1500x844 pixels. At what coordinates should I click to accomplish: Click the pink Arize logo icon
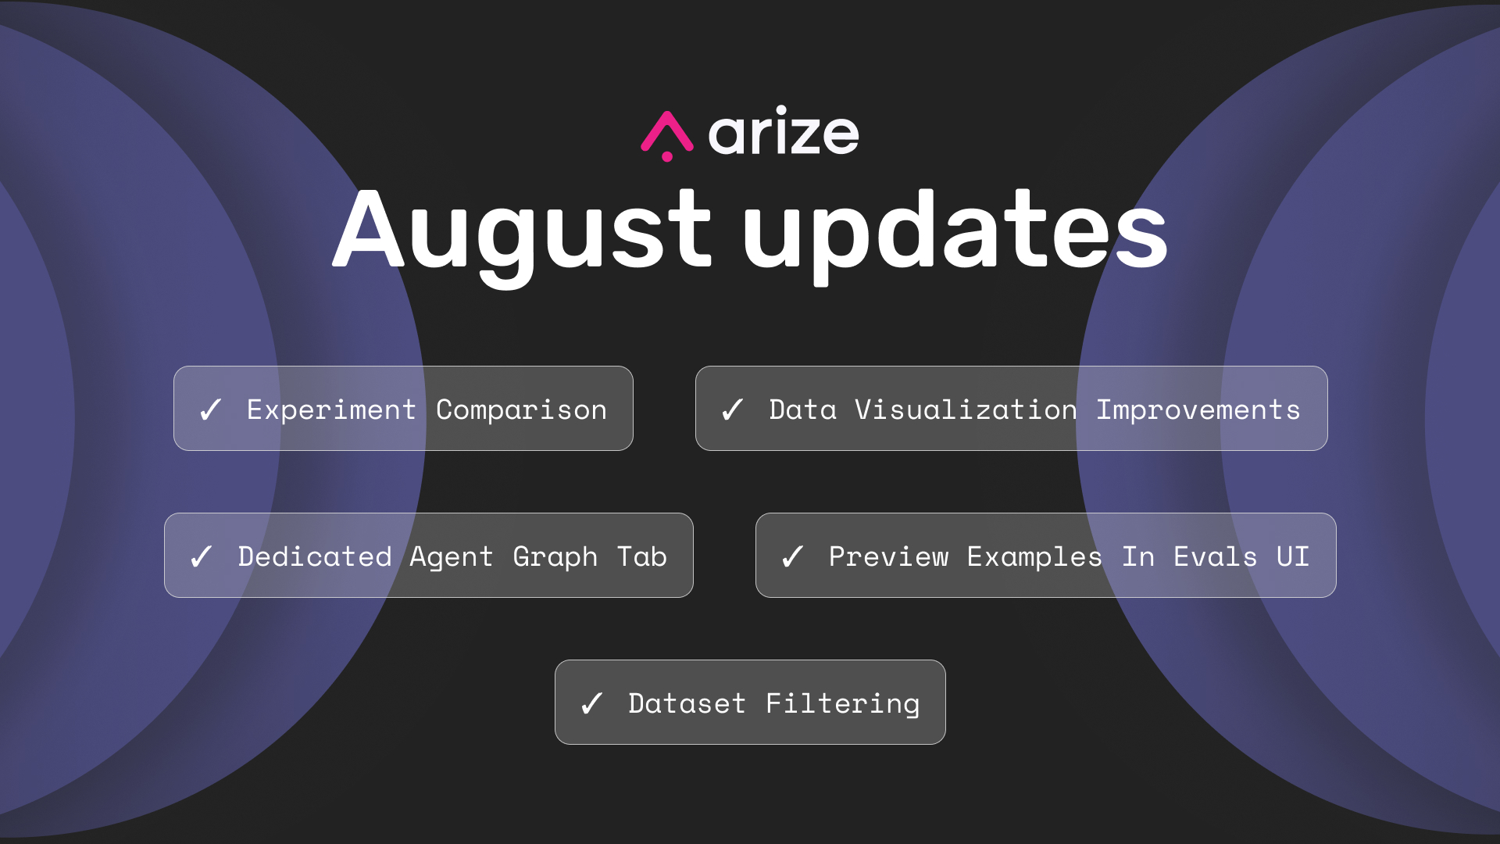point(667,135)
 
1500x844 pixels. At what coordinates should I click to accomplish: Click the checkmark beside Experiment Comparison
point(210,409)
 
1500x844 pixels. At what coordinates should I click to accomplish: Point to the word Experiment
point(331,410)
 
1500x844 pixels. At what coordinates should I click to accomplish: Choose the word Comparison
point(521,410)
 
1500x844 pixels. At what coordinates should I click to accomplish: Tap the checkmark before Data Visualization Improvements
point(732,409)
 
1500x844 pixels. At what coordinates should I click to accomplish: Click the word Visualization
point(966,409)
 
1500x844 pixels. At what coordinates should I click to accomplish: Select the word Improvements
point(1198,410)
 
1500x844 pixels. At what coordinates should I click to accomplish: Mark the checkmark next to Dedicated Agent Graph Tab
point(201,556)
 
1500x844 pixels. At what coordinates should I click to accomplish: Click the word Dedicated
point(315,556)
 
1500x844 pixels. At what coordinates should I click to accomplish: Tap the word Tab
point(642,556)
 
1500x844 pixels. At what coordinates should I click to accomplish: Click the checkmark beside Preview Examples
point(792,556)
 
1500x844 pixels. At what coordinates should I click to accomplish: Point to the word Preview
point(889,556)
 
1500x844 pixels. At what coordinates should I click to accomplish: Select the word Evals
point(1216,556)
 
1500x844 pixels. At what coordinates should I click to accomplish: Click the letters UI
point(1293,556)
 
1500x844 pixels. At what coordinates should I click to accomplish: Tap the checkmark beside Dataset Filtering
point(591,703)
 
